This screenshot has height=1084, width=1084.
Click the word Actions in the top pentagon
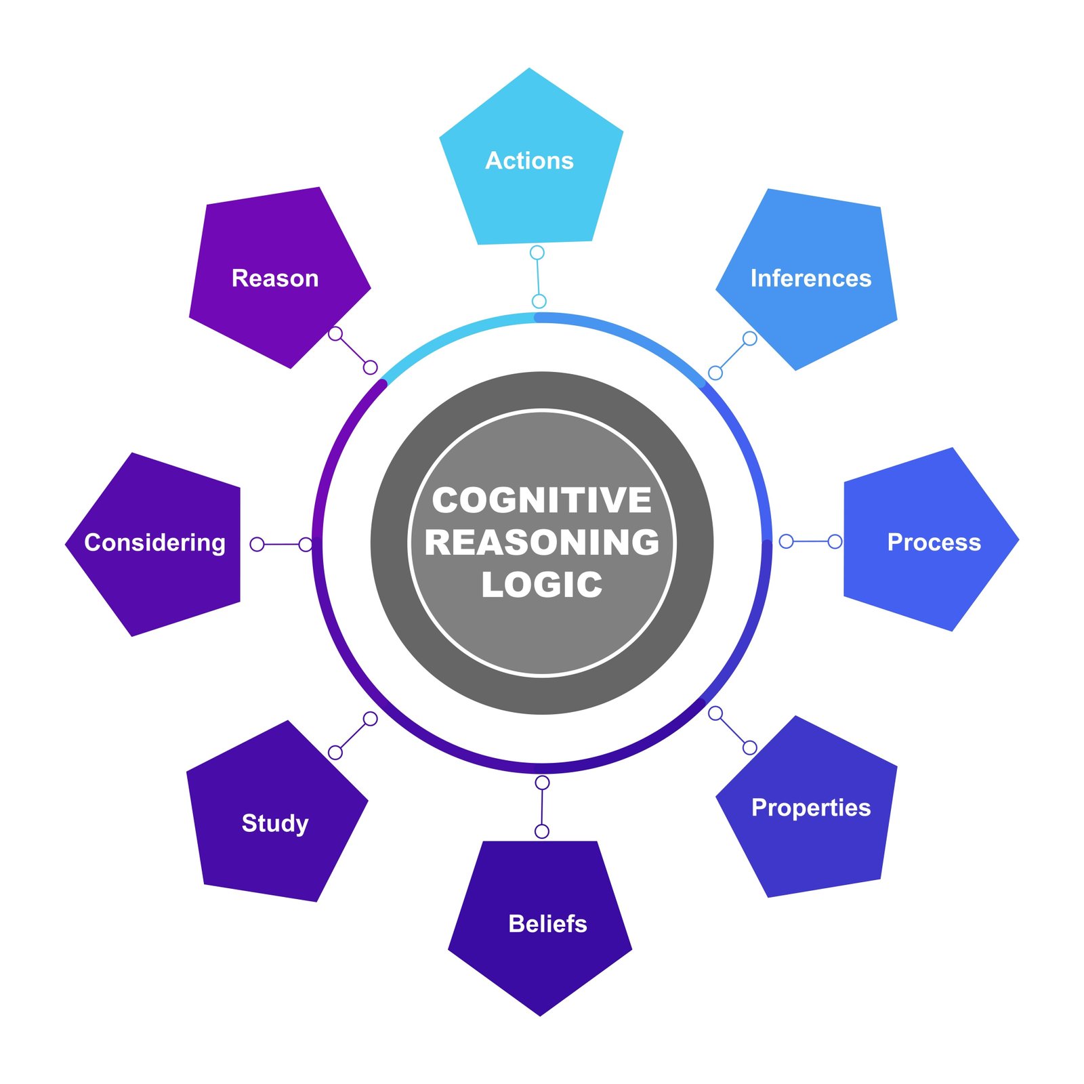(529, 161)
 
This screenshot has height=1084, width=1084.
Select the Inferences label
(810, 278)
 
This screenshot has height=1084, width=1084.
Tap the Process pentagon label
(934, 542)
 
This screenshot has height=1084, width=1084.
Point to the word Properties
(810, 808)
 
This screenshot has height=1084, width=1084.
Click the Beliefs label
(547, 923)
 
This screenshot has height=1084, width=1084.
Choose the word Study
(275, 823)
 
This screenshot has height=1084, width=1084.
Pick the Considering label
(154, 543)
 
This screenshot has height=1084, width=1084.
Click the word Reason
(275, 278)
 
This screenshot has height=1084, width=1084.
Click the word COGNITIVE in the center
(542, 501)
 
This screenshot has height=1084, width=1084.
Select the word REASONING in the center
(542, 543)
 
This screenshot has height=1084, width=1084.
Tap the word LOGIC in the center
(542, 585)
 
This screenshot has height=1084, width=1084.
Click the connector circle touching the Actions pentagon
(537, 253)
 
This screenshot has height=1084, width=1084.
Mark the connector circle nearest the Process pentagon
(835, 541)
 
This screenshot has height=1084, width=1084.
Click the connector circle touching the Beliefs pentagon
(542, 831)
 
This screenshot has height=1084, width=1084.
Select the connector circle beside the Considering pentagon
(257, 544)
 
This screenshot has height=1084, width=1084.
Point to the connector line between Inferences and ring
(732, 356)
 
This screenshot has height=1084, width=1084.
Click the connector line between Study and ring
(352, 736)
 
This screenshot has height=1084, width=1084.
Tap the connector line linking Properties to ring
(732, 730)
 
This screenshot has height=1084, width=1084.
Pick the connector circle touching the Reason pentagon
(335, 333)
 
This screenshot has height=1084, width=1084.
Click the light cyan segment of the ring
(454, 335)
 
